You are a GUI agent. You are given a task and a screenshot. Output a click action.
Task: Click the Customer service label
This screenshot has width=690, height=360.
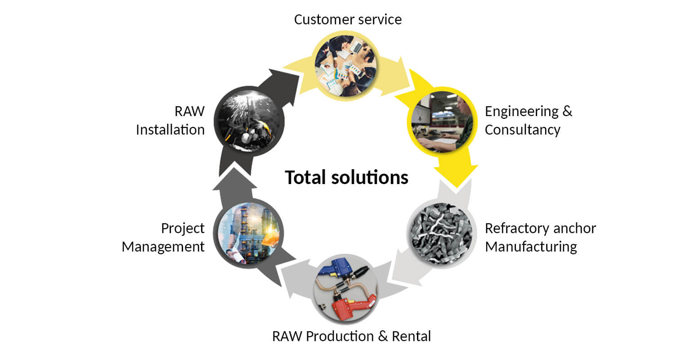click(348, 19)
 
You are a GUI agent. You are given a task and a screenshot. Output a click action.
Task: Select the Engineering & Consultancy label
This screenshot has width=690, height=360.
click(528, 120)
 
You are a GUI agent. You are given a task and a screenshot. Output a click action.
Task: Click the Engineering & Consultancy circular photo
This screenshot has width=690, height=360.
click(441, 121)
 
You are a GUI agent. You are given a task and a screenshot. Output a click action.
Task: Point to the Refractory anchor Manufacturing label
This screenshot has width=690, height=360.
click(540, 237)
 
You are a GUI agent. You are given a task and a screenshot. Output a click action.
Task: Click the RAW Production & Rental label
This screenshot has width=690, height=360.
click(351, 336)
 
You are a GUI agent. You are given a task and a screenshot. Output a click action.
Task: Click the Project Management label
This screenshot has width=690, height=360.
click(163, 237)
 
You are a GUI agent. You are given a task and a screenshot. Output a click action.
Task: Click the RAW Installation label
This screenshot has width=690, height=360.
click(170, 120)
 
